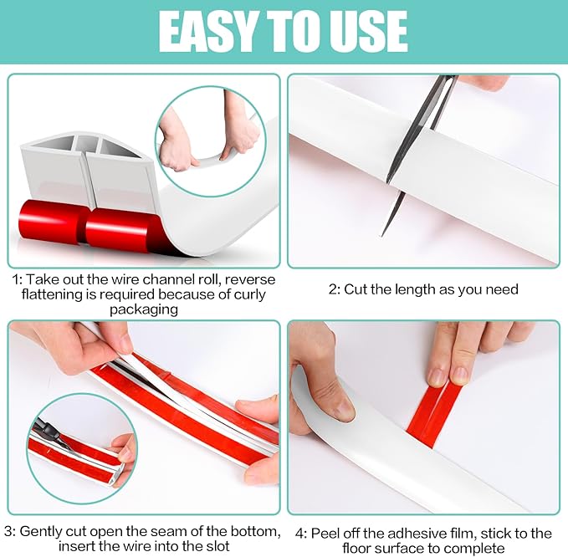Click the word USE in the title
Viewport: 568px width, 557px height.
367,31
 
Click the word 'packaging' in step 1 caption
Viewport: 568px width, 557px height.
144,309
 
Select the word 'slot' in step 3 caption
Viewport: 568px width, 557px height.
216,546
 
